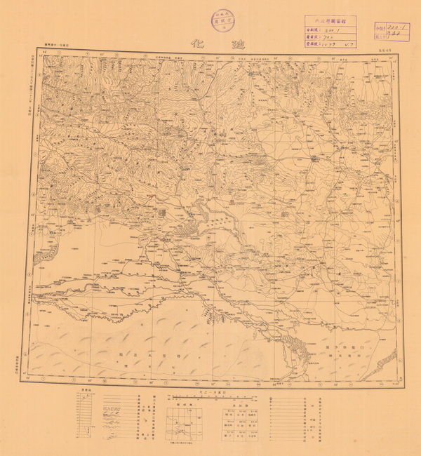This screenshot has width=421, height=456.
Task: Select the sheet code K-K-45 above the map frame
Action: pyautogui.click(x=382, y=51)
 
